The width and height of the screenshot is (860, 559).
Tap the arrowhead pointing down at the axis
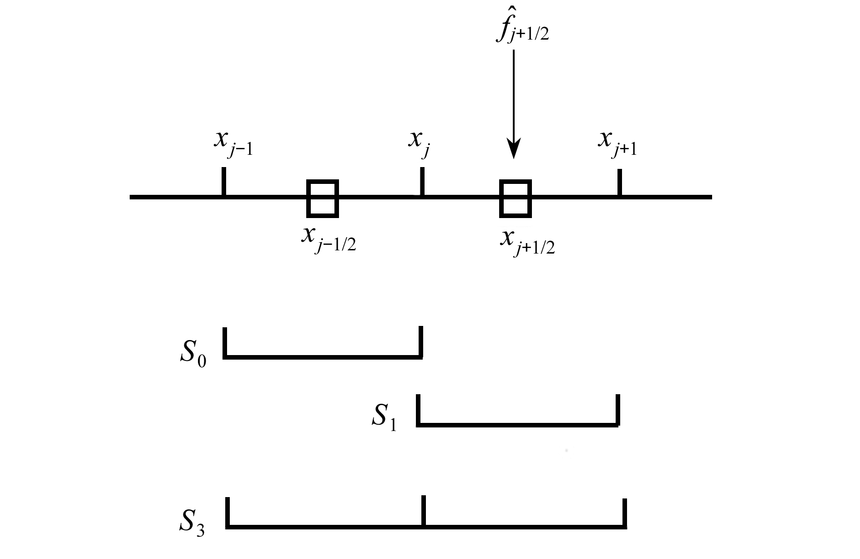[514, 150]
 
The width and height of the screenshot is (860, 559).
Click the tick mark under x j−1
[223, 182]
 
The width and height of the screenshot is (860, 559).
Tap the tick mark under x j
[422, 182]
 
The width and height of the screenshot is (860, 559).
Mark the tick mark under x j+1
[619, 183]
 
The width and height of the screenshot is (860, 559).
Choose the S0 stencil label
[193, 352]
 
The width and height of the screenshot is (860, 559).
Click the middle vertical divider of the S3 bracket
[424, 511]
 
